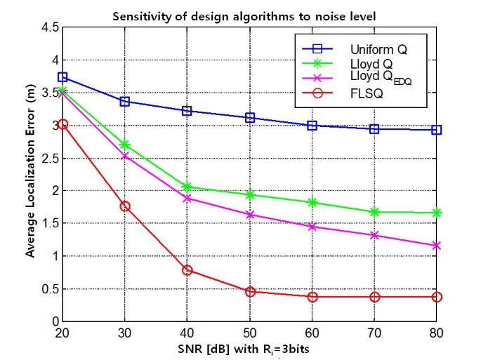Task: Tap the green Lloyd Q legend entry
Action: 371,65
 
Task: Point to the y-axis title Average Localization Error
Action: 31,173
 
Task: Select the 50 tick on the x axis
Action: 249,333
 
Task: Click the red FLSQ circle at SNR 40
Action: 187,270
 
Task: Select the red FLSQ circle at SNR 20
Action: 62,124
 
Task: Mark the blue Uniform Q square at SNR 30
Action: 125,102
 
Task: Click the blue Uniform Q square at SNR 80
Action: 437,130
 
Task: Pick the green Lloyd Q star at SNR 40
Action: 187,187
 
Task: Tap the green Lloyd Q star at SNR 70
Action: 374,212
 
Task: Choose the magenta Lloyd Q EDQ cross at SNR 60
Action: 312,227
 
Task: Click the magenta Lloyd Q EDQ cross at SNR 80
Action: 437,246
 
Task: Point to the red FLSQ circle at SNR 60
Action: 312,297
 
